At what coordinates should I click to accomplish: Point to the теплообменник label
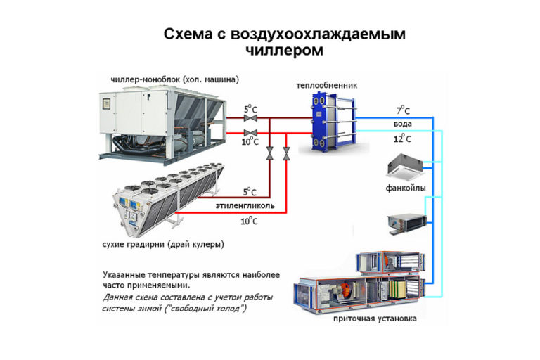tap(326, 85)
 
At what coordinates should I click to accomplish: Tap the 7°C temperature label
tap(403, 110)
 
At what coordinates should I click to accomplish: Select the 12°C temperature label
tap(402, 139)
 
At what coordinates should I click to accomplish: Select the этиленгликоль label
tap(245, 206)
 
